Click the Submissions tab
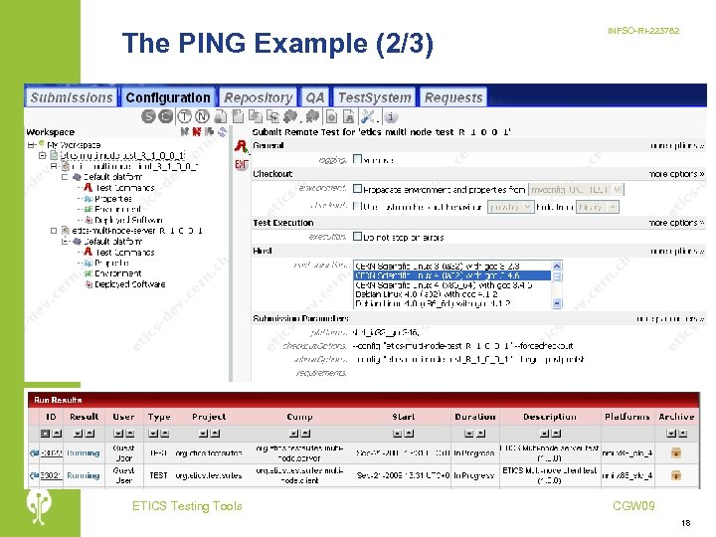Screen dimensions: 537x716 (x=72, y=97)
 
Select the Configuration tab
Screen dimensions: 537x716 (x=168, y=97)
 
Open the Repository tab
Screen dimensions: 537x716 (x=258, y=97)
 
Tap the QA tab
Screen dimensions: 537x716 (x=315, y=97)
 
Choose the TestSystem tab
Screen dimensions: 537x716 (x=374, y=97)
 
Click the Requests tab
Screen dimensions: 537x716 (x=453, y=97)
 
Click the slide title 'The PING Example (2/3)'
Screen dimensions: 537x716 (x=277, y=44)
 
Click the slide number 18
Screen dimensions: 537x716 (x=686, y=522)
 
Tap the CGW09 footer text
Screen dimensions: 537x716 (x=633, y=506)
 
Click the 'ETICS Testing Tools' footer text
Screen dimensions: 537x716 (x=187, y=506)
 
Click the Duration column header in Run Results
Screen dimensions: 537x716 (x=475, y=417)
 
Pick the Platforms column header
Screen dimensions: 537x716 (x=626, y=417)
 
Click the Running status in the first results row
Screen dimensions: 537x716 (x=84, y=453)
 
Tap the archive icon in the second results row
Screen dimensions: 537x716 (x=676, y=476)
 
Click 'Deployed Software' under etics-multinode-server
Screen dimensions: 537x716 (x=129, y=284)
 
